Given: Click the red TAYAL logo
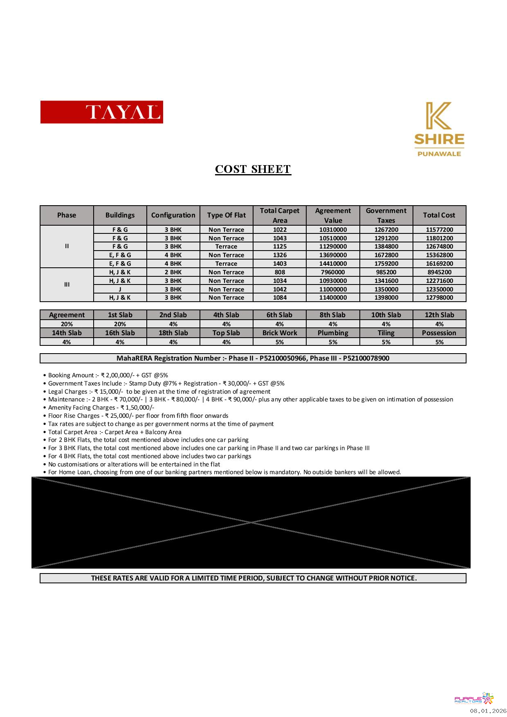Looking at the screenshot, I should pos(101,112).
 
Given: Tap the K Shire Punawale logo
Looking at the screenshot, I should pos(439,129).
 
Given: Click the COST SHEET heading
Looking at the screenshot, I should pos(253,169).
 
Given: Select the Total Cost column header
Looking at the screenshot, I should pos(439,215).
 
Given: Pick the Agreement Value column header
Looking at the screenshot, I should pos(333,215).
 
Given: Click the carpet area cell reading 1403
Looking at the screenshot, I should pos(280,264).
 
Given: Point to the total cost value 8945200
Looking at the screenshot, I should pos(439,272).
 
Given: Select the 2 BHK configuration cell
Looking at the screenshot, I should pos(173,272).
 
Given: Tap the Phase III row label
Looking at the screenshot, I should pos(67,285).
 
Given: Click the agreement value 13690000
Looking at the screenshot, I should pos(333,255).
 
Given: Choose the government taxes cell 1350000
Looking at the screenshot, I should pos(386,289).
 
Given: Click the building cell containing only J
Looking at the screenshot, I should pos(120,289).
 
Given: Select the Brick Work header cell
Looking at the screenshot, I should pos(280,333).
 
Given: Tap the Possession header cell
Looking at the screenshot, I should pos(439,333).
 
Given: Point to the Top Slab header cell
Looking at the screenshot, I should pos(226,333).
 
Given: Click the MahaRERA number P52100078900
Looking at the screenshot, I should pos(366,358).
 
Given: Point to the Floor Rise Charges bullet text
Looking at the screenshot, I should pos(138,416).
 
